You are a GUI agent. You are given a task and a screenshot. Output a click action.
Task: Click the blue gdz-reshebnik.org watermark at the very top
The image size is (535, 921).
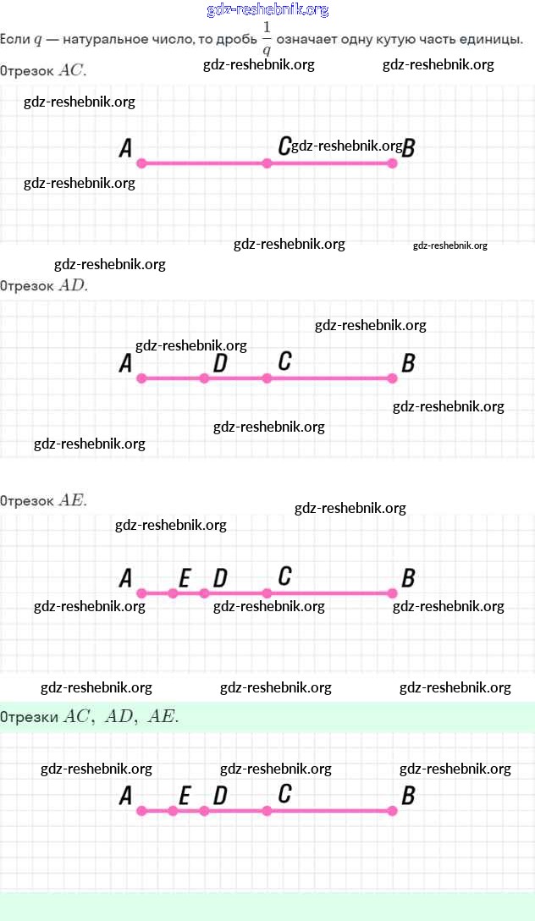click(x=267, y=10)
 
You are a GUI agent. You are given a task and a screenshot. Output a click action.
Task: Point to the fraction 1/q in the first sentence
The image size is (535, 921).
click(x=267, y=38)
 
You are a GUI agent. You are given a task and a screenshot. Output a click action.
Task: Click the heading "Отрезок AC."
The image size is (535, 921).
click(x=43, y=71)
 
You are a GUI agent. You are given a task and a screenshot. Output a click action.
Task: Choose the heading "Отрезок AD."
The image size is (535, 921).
click(x=44, y=285)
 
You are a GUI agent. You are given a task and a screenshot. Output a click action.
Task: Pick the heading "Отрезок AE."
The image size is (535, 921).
click(x=44, y=500)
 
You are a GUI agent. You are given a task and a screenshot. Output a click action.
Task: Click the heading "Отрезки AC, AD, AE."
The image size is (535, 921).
click(x=90, y=717)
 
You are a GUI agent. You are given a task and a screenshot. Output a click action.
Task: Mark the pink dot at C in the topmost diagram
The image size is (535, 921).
click(x=267, y=163)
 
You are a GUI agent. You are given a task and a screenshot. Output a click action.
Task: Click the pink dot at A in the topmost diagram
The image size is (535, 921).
click(x=141, y=163)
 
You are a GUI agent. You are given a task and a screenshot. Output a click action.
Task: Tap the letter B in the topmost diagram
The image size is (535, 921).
click(x=408, y=149)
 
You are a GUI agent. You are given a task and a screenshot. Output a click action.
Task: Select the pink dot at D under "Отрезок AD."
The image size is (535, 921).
click(x=204, y=378)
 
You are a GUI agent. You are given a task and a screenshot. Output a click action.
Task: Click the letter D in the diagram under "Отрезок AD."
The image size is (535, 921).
click(x=220, y=363)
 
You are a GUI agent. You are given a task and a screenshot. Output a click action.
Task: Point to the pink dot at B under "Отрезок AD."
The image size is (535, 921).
click(x=392, y=378)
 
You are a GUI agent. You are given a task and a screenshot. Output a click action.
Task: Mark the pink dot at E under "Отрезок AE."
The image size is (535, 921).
click(x=173, y=593)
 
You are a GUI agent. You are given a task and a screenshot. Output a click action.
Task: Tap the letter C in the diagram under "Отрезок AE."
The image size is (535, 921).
click(x=284, y=576)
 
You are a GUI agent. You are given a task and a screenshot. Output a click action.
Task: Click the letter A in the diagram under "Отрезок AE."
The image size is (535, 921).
click(x=125, y=578)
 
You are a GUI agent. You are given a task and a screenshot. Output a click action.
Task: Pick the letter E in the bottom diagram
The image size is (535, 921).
click(x=185, y=796)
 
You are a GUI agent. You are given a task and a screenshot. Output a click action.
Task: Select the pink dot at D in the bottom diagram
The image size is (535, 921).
click(x=204, y=811)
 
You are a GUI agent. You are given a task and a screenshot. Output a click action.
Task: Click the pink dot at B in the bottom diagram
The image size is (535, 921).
click(x=392, y=811)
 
